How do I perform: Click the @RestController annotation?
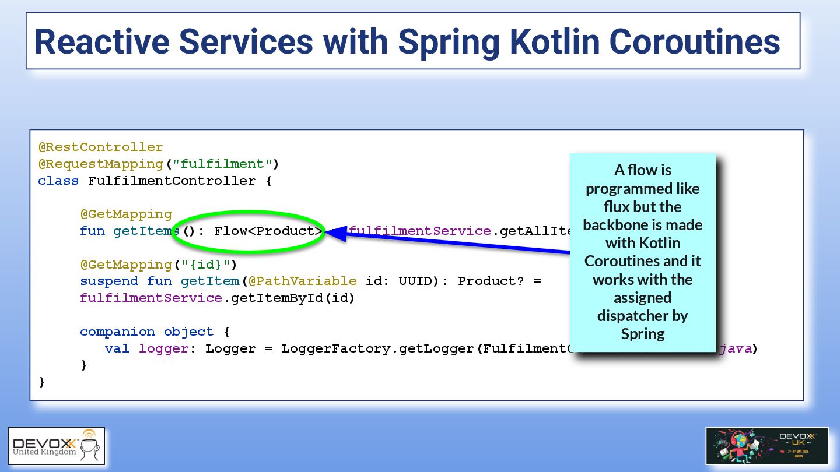point(100,147)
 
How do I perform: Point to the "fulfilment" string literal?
point(223,164)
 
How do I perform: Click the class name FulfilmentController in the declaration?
point(171,181)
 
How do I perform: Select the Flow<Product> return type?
point(268,231)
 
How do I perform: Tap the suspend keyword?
point(109,281)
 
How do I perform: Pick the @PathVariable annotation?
point(302,281)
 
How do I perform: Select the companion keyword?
point(117,332)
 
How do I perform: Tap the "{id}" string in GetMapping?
point(205,265)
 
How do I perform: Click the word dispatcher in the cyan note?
point(642,316)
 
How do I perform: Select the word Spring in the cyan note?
point(642,334)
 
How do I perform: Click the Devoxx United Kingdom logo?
point(57,446)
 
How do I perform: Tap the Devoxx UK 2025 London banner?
point(766,446)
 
